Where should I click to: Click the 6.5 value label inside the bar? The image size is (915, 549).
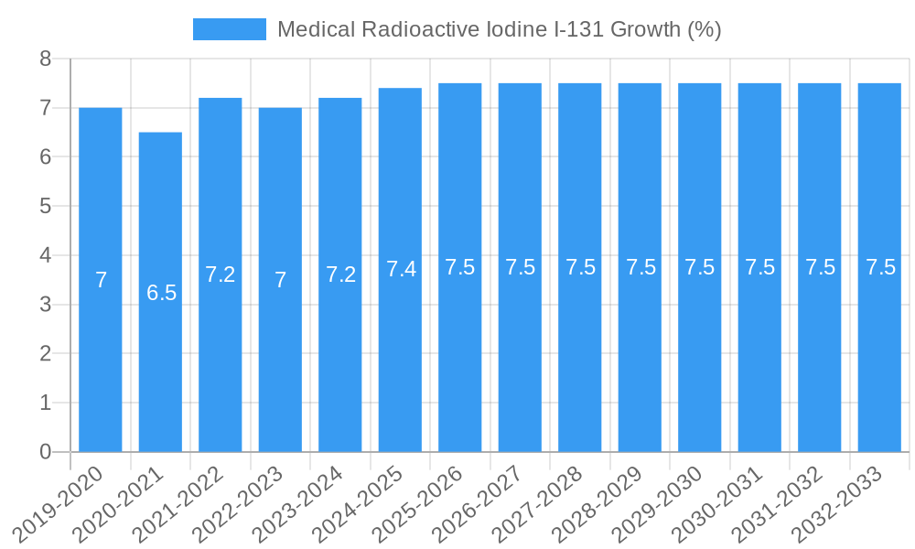click(x=161, y=293)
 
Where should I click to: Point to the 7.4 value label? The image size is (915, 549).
click(x=401, y=269)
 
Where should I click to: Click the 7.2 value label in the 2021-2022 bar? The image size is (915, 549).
click(x=221, y=274)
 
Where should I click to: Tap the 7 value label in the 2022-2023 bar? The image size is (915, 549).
click(x=281, y=280)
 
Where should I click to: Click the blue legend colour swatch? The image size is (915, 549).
click(x=229, y=29)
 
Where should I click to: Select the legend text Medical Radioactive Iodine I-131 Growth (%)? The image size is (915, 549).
click(x=499, y=29)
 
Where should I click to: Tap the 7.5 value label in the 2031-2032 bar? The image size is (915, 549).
click(x=820, y=267)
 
